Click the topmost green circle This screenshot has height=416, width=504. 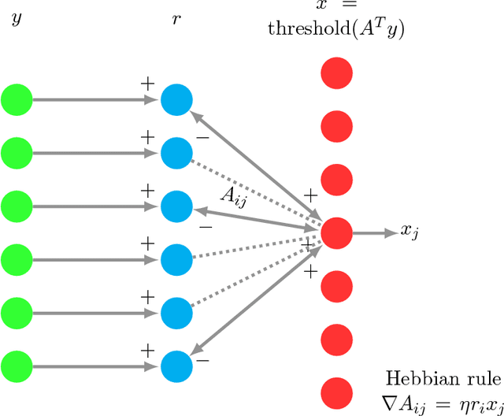pyautogui.click(x=17, y=100)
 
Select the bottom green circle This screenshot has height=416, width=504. pyautogui.click(x=17, y=366)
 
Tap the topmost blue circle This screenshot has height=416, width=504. pyautogui.click(x=176, y=100)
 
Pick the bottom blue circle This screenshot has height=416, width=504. pyautogui.click(x=176, y=366)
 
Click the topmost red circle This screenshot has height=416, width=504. pyautogui.click(x=336, y=74)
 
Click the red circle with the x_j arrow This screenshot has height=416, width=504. pyautogui.click(x=336, y=232)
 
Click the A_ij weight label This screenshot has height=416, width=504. pyautogui.click(x=233, y=198)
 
